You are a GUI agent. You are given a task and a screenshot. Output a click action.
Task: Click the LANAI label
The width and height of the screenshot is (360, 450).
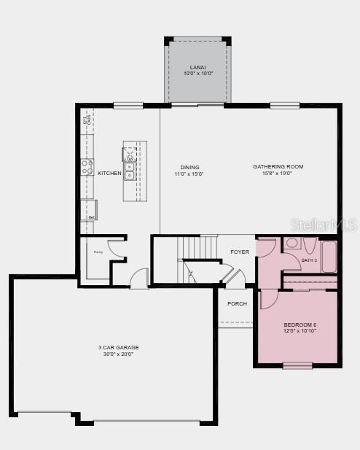coord(197,67)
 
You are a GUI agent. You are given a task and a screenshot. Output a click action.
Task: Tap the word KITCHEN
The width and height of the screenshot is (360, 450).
coord(109,173)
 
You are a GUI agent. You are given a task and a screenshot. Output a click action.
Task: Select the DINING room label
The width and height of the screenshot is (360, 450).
coord(189,167)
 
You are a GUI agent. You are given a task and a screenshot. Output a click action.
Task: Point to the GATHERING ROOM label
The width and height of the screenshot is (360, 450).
coord(278,167)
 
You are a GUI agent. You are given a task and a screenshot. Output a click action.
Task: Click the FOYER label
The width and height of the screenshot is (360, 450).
coord(240,252)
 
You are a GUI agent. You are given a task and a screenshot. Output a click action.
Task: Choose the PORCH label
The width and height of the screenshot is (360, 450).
coord(237,303)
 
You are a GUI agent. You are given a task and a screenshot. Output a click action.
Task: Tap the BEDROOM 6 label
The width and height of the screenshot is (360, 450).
coord(300,325)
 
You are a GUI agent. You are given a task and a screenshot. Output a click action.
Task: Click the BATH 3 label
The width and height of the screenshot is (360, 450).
coord(309,260)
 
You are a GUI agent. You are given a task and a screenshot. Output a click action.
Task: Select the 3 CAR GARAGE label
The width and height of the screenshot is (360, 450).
coord(119,347)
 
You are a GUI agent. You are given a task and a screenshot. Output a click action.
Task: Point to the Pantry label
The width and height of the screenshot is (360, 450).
coord(98,252)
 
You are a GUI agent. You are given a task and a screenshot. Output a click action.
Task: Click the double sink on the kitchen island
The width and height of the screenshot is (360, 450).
coord(130,170)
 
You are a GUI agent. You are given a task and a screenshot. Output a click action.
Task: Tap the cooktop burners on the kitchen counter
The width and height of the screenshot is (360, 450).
coord(87,167)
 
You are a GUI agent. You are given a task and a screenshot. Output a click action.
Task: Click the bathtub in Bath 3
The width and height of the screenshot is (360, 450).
coord(329,256)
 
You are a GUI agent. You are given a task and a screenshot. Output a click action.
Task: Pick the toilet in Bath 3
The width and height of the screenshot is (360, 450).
coord(291,244)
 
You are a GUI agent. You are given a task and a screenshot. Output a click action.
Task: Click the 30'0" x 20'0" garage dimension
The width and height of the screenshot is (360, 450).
coord(119,354)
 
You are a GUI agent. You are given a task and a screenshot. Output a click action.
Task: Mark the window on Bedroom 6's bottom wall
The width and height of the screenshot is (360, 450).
coord(297,365)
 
